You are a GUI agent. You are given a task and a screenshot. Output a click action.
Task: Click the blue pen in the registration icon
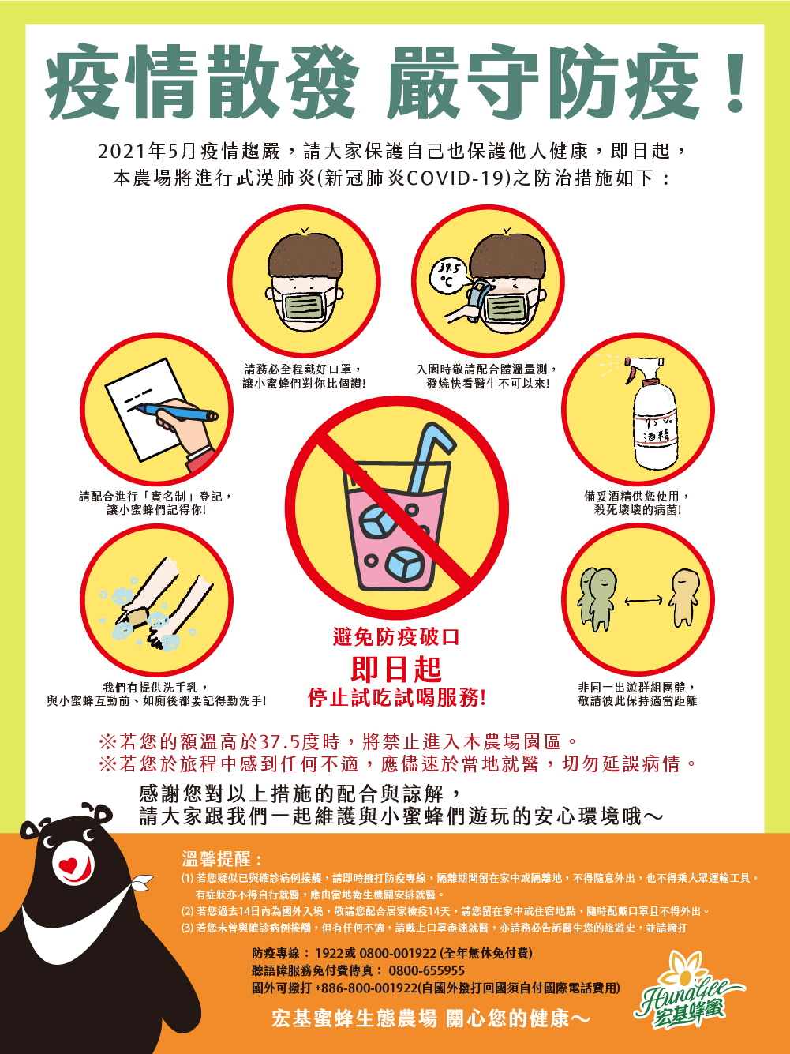pyautogui.click(x=177, y=411)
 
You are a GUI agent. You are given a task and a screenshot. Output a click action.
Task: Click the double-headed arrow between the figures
pyautogui.click(x=643, y=600)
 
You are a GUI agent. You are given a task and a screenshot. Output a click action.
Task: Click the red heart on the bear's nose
pyautogui.click(x=68, y=865)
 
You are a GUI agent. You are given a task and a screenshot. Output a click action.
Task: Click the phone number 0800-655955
pyautogui.click(x=426, y=970)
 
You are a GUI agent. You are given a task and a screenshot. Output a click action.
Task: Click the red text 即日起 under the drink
pyautogui.click(x=396, y=669)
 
